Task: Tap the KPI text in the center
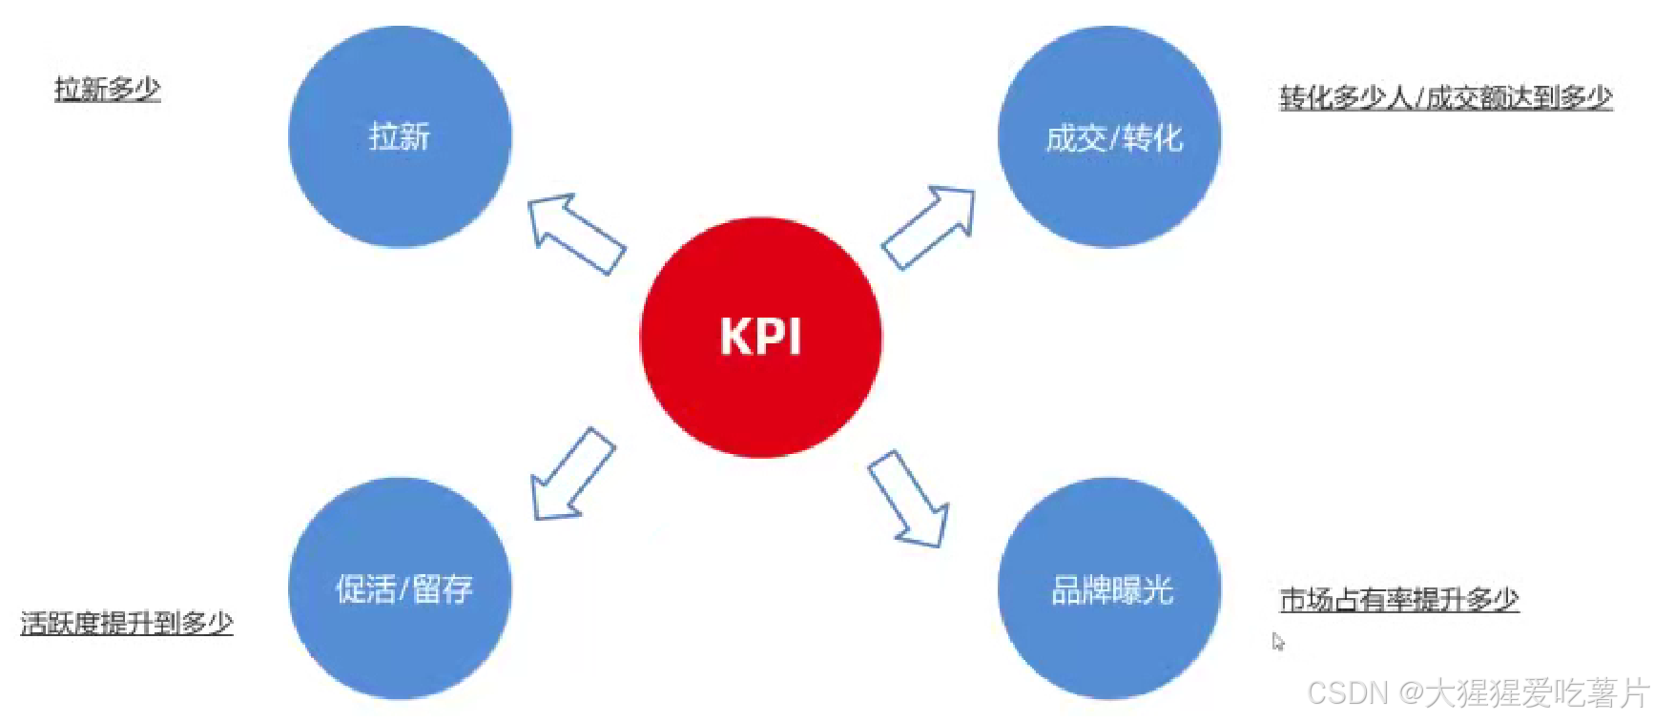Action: [x=760, y=337]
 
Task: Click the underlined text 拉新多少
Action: [x=108, y=89]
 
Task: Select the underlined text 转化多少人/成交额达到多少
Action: [x=1445, y=97]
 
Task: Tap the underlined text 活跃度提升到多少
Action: [x=127, y=623]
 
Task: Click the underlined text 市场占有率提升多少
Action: [x=1398, y=600]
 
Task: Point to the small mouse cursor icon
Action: [x=1277, y=642]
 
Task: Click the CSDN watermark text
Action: [x=1478, y=693]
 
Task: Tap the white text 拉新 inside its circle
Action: [x=400, y=136]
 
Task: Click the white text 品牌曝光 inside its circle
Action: [x=1112, y=590]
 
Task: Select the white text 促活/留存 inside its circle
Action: [x=403, y=588]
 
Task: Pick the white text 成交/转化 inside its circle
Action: [x=1114, y=139]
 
